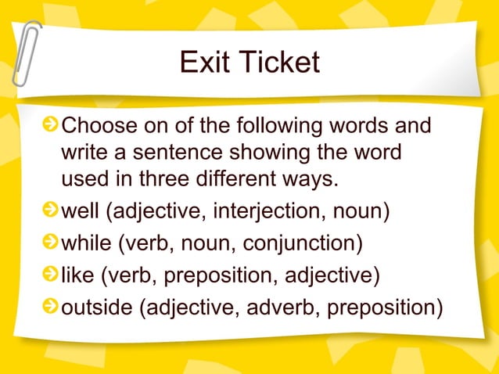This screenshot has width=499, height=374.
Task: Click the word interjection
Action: [264, 213]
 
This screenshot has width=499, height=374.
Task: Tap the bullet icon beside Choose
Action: [51, 126]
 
